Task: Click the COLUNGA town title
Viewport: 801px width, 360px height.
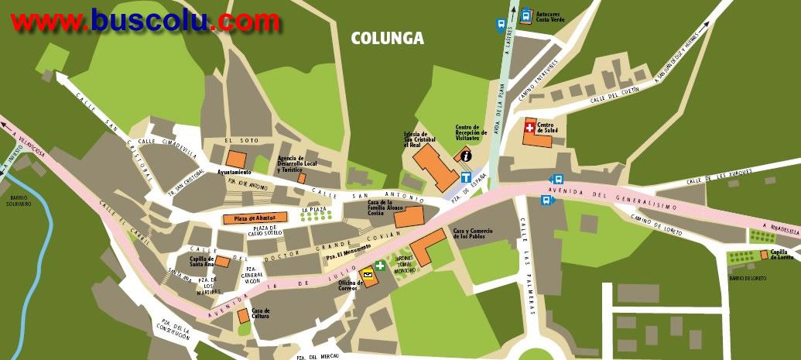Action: coord(387,37)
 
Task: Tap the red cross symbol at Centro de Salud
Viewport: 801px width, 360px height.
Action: coord(529,125)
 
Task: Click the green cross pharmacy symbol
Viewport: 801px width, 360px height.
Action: coord(380,266)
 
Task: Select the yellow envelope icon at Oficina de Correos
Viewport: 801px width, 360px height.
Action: coord(365,273)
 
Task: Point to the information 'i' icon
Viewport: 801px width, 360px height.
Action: coord(466,156)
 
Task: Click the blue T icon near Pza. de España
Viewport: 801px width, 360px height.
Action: coord(466,177)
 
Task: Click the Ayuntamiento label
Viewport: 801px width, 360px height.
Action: coord(234,172)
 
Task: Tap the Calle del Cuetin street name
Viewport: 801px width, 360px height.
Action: coord(614,97)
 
